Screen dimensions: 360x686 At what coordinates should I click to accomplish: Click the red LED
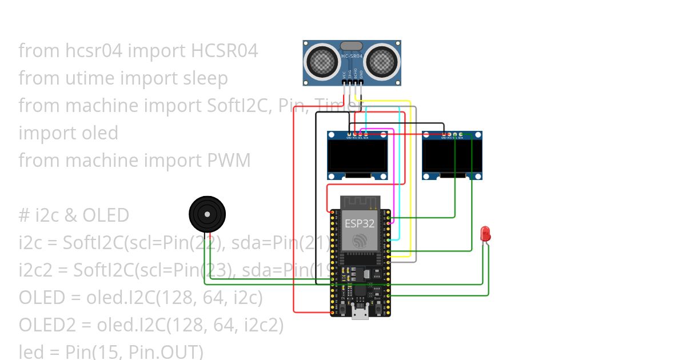[485, 233]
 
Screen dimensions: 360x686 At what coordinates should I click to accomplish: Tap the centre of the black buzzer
[208, 215]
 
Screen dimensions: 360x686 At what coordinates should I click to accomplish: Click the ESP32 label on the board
[360, 223]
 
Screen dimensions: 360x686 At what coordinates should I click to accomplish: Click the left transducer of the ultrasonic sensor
[321, 59]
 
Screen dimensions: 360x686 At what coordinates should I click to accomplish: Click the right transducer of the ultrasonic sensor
[382, 59]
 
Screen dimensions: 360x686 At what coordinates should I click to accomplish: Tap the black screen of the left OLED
[357, 156]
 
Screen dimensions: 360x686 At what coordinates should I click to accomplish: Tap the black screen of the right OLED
[452, 156]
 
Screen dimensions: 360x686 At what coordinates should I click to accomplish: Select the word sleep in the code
[205, 78]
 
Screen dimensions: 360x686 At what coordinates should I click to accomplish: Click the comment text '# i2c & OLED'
[74, 215]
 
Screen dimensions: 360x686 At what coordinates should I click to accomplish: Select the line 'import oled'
[68, 133]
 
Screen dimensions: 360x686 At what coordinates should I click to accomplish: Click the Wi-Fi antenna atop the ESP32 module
[360, 203]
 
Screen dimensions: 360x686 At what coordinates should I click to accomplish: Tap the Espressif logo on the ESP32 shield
[360, 241]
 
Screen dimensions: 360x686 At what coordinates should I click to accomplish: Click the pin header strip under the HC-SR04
[353, 83]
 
